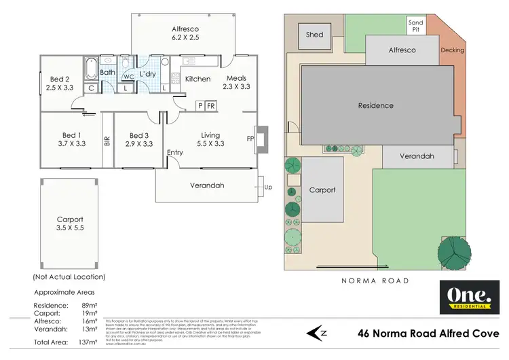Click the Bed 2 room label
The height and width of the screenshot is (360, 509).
pyautogui.click(x=60, y=79)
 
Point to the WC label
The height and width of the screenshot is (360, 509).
pyautogui.click(x=128, y=76)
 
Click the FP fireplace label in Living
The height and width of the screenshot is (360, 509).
pyautogui.click(x=250, y=139)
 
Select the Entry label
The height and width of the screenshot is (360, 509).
pyautogui.click(x=175, y=153)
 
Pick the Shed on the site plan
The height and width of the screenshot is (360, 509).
pyautogui.click(x=315, y=35)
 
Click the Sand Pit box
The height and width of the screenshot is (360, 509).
pyautogui.click(x=415, y=26)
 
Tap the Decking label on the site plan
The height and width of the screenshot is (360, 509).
pyautogui.click(x=452, y=50)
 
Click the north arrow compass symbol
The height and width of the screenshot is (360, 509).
pyautogui.click(x=318, y=333)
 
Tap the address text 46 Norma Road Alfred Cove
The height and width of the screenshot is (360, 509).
pyautogui.click(x=428, y=334)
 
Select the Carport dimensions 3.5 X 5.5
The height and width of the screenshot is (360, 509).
pyautogui.click(x=70, y=229)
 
